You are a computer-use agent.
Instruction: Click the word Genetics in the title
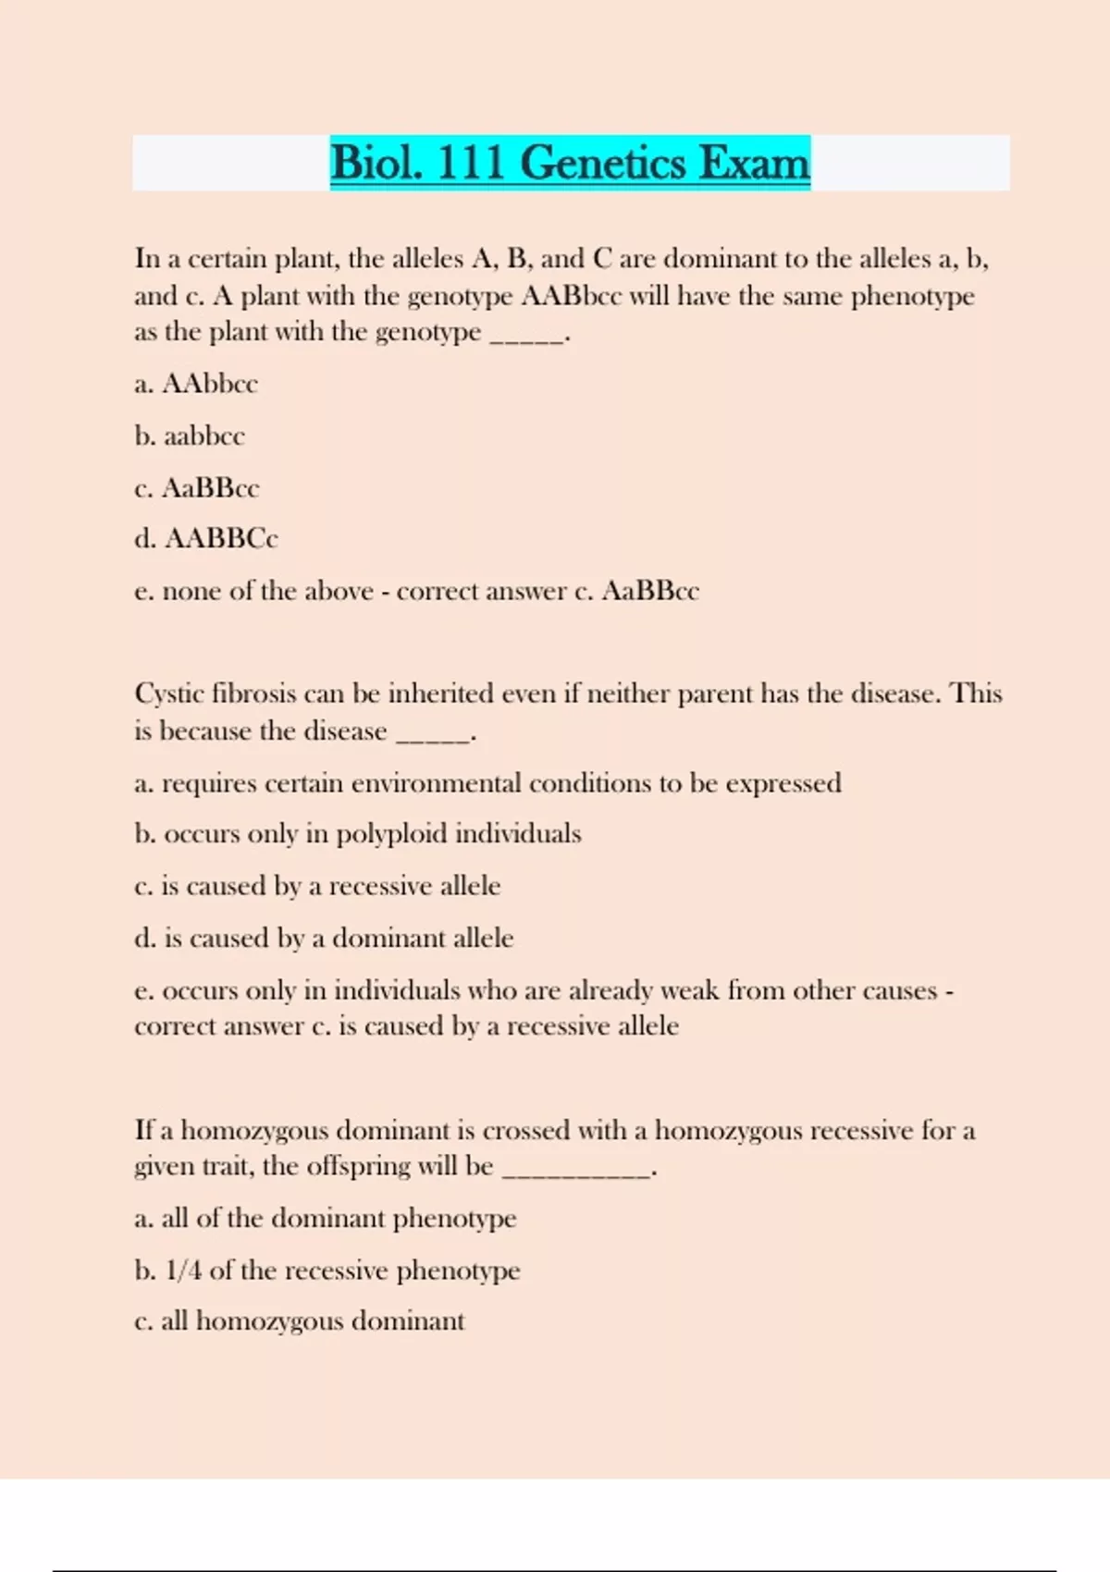coord(603,164)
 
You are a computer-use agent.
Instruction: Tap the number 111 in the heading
coord(470,164)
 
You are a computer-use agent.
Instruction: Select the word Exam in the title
coord(754,164)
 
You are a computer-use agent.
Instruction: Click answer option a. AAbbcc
coord(196,384)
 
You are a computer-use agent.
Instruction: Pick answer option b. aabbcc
coord(190,436)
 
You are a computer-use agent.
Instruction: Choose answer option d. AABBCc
coord(206,538)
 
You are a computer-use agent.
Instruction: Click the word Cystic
coord(169,694)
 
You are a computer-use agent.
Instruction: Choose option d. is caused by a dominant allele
coord(324,939)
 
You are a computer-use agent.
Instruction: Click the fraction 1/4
coord(183,1271)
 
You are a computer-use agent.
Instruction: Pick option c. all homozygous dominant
coord(300,1321)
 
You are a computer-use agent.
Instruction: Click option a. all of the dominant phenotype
coord(326,1219)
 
